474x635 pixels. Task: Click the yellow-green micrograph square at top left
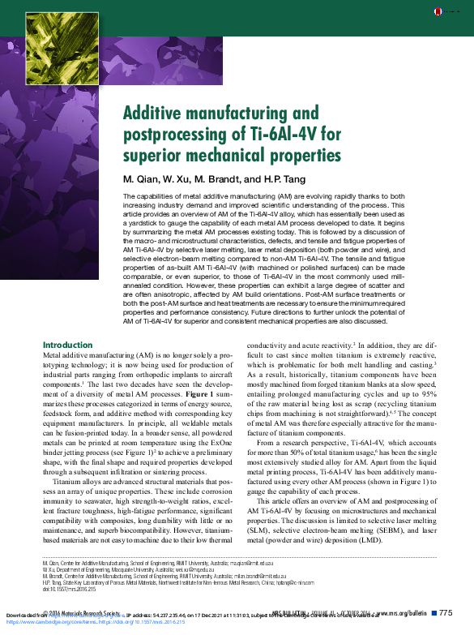58,49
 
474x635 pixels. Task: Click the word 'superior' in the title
153,154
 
